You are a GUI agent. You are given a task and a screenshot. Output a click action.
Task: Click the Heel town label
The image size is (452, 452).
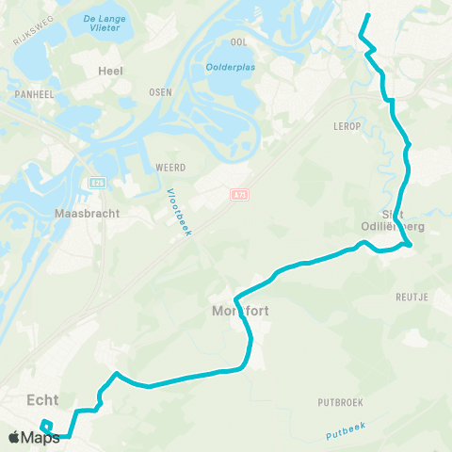coord(111,71)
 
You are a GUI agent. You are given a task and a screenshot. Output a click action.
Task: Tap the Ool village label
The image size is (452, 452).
coord(238,42)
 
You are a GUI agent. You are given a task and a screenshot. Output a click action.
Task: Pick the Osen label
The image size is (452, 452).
coord(159,92)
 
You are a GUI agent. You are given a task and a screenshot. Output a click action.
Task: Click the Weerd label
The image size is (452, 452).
coord(169,167)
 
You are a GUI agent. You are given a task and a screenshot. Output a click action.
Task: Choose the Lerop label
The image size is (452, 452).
coord(347,124)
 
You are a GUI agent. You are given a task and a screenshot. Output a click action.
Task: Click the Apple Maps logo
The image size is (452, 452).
coord(34,436)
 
